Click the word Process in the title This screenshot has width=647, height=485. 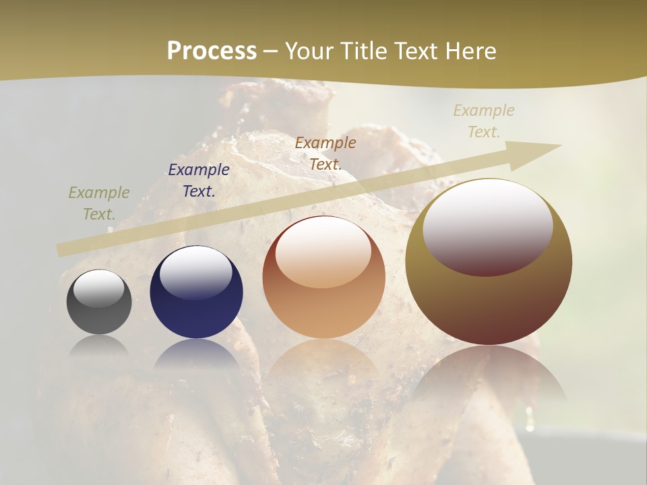pyautogui.click(x=212, y=51)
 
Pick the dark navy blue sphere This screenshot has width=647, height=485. pyautogui.click(x=196, y=310)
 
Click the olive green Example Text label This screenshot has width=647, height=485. pyautogui.click(x=99, y=203)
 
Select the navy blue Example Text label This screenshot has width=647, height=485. pyautogui.click(x=199, y=181)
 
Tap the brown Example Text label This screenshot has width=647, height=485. pyautogui.click(x=326, y=154)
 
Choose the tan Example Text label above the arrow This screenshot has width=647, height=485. pyautogui.click(x=484, y=121)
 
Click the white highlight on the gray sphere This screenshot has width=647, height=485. pyautogui.click(x=99, y=288)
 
